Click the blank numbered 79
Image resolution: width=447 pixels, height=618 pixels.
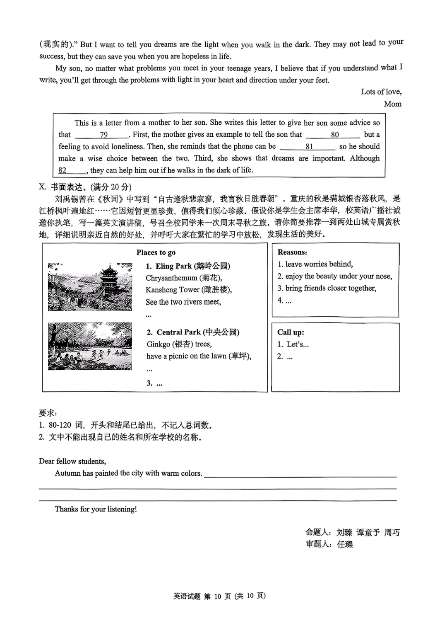point(102,135)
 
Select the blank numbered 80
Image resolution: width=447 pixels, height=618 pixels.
point(333,135)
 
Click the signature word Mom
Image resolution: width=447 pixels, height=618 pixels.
point(392,104)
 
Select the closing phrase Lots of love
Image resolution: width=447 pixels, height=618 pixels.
point(381,92)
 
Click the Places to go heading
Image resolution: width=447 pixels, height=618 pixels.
point(156,252)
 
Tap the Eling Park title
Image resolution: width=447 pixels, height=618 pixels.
point(188,266)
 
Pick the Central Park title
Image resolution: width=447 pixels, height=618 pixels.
point(193,332)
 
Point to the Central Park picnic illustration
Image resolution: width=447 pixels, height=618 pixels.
point(90,347)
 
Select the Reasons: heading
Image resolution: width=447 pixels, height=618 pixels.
point(292,252)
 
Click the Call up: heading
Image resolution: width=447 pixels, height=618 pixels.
point(291,332)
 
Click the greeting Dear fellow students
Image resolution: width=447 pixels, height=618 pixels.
point(72,461)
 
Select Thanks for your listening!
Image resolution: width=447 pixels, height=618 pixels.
point(96,509)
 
